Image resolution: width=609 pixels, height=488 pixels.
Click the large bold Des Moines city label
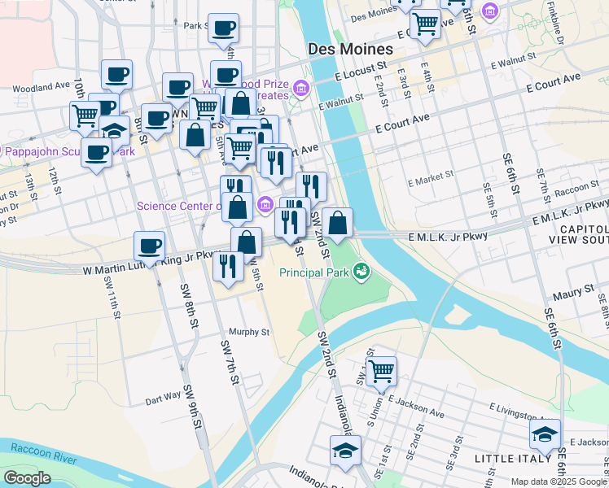point(350,49)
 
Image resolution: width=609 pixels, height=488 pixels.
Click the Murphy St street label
point(248,332)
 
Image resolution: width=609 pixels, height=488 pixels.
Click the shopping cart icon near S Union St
point(381,371)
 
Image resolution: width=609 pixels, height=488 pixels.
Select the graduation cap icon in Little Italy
point(545,434)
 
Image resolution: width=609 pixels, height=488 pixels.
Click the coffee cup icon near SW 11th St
point(149,246)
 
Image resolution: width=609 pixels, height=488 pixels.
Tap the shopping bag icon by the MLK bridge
point(337,221)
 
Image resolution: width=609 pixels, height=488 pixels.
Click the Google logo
point(27,478)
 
